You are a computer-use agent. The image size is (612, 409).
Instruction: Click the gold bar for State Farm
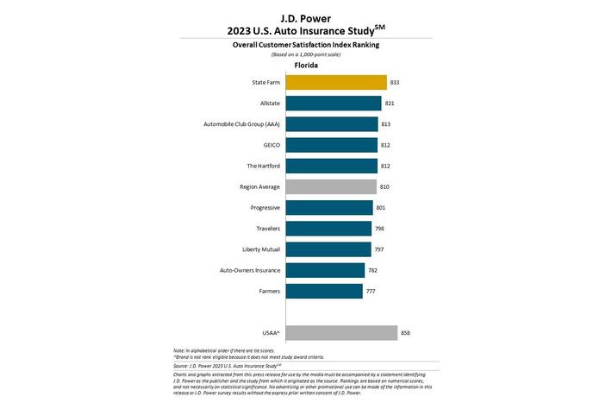(x=335, y=83)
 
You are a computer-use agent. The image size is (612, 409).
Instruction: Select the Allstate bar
(x=333, y=104)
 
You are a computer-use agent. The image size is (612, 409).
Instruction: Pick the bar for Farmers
(x=323, y=291)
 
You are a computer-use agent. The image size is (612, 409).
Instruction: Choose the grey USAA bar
(x=340, y=332)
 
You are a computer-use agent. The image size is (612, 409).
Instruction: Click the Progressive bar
(x=328, y=207)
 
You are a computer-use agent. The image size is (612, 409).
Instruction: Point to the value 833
(x=396, y=83)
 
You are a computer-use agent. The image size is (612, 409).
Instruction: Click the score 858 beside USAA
(x=407, y=332)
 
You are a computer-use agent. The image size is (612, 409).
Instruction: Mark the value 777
(x=372, y=291)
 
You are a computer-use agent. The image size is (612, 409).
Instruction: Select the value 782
(x=373, y=270)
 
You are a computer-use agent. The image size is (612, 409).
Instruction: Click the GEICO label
(x=269, y=145)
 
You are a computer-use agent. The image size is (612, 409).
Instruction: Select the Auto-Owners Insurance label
(x=250, y=270)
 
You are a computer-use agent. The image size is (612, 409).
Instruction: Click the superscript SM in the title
(x=402, y=26)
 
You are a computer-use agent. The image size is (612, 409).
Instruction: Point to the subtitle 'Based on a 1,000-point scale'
(x=306, y=53)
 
